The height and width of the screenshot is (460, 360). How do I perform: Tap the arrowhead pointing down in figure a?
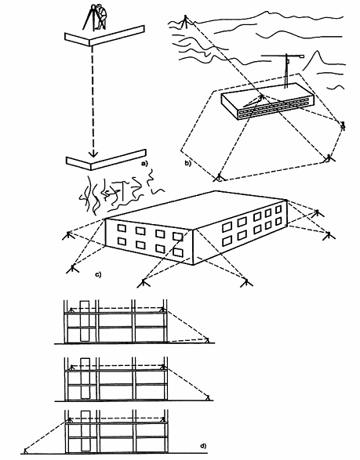click(93, 153)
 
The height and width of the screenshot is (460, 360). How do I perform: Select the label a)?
click(144, 164)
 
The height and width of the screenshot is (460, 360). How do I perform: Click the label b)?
click(187, 163)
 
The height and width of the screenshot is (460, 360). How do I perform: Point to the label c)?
click(98, 274)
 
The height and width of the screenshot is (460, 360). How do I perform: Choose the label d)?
click(203, 446)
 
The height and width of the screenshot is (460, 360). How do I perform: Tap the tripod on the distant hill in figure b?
click(184, 22)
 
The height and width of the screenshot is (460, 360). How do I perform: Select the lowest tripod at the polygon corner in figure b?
click(219, 177)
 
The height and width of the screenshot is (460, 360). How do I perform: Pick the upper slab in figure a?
click(104, 36)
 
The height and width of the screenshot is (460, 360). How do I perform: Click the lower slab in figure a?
click(106, 160)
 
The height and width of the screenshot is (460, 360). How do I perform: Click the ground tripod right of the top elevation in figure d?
click(207, 340)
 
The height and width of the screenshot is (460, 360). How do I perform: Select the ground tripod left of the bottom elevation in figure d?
click(26, 451)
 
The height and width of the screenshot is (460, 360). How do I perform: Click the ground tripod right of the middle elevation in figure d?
click(208, 397)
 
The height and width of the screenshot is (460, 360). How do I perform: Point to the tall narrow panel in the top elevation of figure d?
click(84, 321)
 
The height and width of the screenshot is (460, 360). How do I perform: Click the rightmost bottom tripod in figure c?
click(246, 282)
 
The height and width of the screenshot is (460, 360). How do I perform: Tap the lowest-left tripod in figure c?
click(72, 269)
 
